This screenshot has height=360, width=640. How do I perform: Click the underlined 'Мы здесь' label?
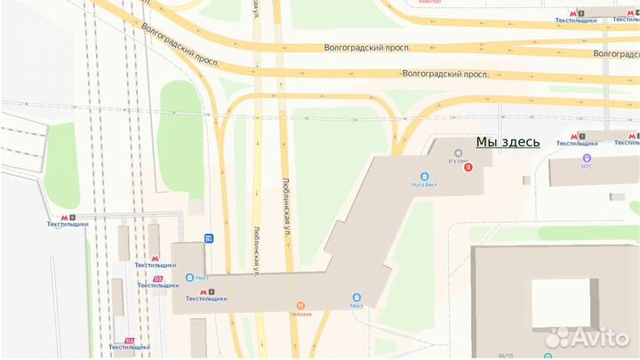point(508,141)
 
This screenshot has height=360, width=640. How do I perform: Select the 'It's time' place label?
point(458,162)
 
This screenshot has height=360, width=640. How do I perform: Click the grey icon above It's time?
point(459,152)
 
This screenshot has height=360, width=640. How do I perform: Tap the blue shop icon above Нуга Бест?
point(424,176)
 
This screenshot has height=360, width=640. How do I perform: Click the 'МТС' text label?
point(586,165)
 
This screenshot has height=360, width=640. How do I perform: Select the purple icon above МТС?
point(587,156)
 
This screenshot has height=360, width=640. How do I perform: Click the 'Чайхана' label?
point(300,312)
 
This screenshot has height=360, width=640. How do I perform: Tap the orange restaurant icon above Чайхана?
point(300,301)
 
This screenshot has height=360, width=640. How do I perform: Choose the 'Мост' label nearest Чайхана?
point(356,306)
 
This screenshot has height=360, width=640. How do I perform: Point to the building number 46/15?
point(506,356)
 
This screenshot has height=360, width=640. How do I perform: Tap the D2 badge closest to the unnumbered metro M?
point(158,279)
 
